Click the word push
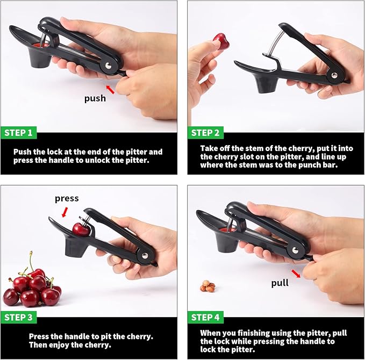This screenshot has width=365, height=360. [95, 99]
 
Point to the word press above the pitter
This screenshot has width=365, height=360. [67, 198]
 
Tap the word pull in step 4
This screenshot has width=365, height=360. [280, 283]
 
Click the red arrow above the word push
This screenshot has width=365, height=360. [110, 88]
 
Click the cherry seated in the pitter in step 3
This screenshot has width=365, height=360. [81, 230]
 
